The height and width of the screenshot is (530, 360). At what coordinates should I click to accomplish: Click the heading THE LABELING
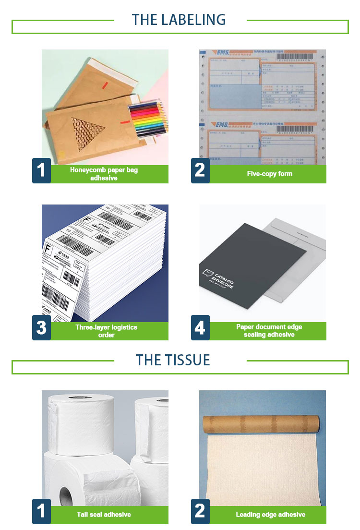pos(179,20)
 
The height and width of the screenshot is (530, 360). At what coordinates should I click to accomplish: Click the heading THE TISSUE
pos(172,360)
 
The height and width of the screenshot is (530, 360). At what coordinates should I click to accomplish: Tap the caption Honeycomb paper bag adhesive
pos(104,174)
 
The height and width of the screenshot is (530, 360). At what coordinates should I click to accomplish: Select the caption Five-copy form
pos(269,174)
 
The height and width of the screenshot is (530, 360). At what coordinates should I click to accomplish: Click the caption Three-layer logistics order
pos(106,331)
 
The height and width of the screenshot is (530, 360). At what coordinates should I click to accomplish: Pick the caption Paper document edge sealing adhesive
pos(269,331)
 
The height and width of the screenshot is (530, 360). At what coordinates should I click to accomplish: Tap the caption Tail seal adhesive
pos(104,515)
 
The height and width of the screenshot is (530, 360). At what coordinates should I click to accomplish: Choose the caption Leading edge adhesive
pos(270,515)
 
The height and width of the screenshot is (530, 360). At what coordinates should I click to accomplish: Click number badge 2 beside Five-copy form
pos(200,170)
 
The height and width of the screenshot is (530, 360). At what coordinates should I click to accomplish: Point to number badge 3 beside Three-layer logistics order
pos(41,328)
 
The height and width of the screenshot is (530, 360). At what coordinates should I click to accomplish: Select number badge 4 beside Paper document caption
pos(200,328)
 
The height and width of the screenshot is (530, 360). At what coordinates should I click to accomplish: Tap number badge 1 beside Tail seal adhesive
pos(41,511)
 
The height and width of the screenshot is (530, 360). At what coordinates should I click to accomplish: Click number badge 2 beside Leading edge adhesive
pos(200,511)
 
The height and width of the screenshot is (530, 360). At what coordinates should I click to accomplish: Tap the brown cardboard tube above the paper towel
pos(262,424)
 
